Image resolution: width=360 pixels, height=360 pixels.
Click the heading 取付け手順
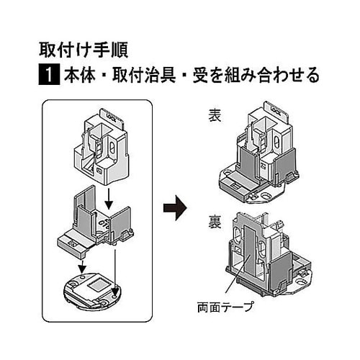click(x=84, y=50)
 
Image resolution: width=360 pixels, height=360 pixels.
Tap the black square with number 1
click(x=49, y=75)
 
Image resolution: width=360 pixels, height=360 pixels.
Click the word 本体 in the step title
click(x=79, y=75)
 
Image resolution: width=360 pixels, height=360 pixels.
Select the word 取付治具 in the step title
click(x=144, y=75)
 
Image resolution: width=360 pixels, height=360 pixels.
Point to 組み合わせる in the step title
click(x=272, y=75)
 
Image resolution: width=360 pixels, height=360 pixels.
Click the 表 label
click(x=215, y=115)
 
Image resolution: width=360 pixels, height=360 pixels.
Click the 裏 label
click(x=215, y=222)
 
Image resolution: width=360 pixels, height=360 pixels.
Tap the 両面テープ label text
click(x=225, y=307)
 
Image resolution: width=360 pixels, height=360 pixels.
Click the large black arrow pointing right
click(x=175, y=208)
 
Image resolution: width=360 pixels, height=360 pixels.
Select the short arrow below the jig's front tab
click(x=83, y=266)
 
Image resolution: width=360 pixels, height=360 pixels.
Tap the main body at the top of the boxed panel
click(x=102, y=146)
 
